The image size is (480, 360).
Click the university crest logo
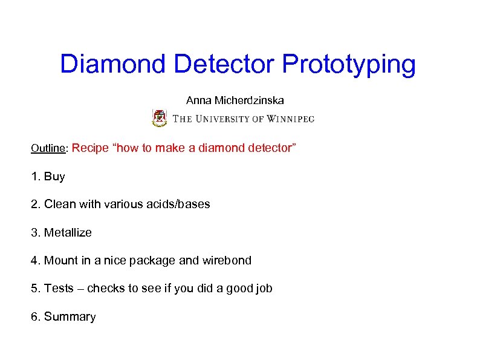pyautogui.click(x=159, y=117)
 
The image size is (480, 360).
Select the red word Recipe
pyautogui.click(x=92, y=148)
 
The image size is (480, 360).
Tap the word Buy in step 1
pyautogui.click(x=54, y=177)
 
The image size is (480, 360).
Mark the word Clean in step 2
pyautogui.click(x=60, y=205)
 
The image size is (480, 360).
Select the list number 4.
pyautogui.click(x=34, y=261)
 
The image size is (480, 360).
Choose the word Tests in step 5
pyautogui.click(x=59, y=289)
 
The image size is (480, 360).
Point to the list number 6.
pyautogui.click(x=34, y=317)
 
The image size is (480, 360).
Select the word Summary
pyautogui.click(x=70, y=317)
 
